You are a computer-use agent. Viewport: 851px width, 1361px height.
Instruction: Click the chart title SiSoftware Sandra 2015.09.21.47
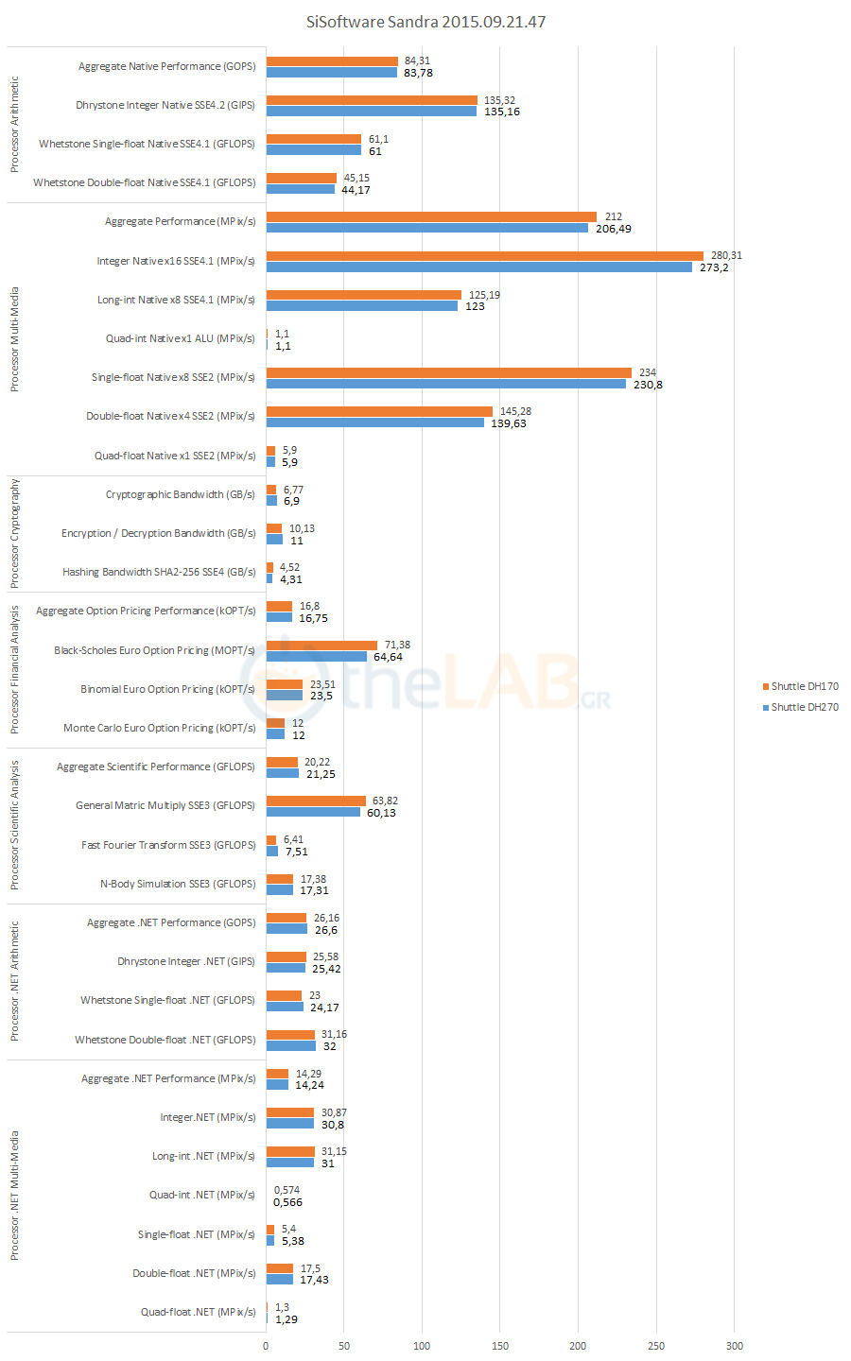pyautogui.click(x=425, y=22)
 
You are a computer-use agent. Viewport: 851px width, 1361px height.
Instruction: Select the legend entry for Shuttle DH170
pyautogui.click(x=804, y=686)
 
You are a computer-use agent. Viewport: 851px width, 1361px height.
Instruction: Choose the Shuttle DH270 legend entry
pyautogui.click(x=804, y=707)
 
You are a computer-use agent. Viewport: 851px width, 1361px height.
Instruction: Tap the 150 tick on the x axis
pyautogui.click(x=500, y=1346)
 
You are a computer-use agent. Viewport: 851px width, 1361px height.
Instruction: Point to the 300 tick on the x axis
pyautogui.click(x=734, y=1346)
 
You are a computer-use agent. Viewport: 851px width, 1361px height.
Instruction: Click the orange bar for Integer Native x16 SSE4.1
pyautogui.click(x=484, y=256)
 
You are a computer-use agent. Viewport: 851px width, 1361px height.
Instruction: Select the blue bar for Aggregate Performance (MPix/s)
pyautogui.click(x=426, y=228)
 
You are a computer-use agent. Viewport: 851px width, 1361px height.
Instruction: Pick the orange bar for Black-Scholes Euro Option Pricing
pyautogui.click(x=321, y=646)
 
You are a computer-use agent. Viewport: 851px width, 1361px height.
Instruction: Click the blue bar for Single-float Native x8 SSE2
pyautogui.click(x=445, y=384)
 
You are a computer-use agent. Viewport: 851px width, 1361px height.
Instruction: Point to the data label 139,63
pyautogui.click(x=509, y=423)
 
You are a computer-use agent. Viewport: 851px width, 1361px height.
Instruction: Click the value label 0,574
pyautogui.click(x=287, y=1190)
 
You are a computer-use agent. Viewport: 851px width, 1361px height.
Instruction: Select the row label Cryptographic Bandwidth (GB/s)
pyautogui.click(x=180, y=494)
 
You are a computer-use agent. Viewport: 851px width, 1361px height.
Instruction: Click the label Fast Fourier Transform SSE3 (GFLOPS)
pyautogui.click(x=168, y=845)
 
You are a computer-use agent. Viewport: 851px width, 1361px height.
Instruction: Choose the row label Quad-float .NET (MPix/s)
pyautogui.click(x=199, y=1312)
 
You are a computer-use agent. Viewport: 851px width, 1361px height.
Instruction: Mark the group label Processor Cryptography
pyautogui.click(x=14, y=533)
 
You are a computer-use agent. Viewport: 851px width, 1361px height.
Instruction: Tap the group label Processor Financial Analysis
pyautogui.click(x=14, y=670)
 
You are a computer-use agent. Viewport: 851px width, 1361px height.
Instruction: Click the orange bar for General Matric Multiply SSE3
pyautogui.click(x=316, y=801)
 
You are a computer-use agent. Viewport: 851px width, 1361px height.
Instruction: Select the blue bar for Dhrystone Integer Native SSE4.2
pyautogui.click(x=371, y=112)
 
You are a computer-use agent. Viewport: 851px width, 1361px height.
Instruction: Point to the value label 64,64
pyautogui.click(x=388, y=657)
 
